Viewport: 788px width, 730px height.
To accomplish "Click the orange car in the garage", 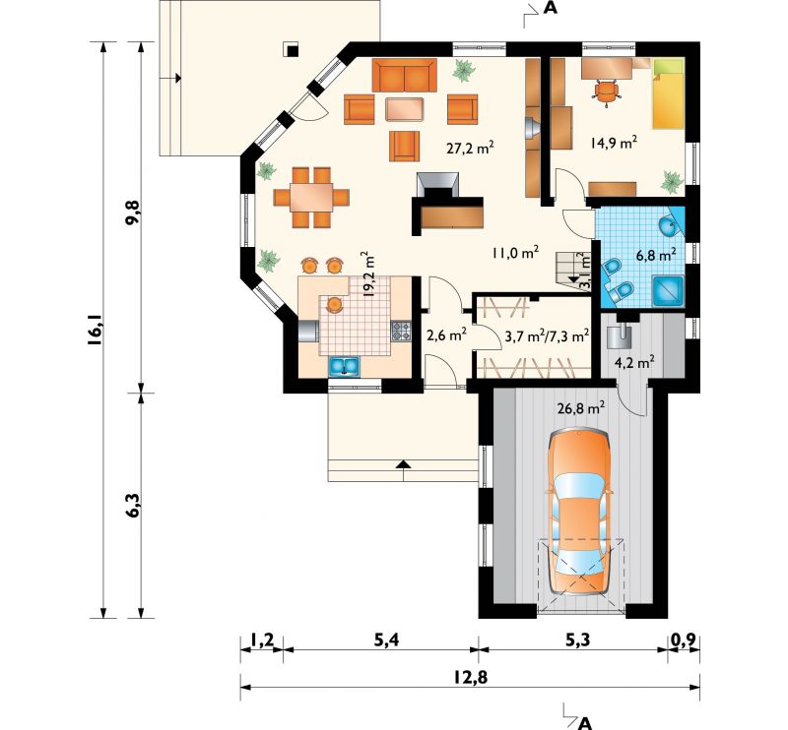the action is pyautogui.click(x=581, y=513).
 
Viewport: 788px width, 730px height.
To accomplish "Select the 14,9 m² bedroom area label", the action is pyautogui.click(x=614, y=143).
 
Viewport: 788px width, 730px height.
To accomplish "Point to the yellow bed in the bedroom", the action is pyautogui.click(x=669, y=93).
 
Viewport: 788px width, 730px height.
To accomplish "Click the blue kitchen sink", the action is pyautogui.click(x=344, y=367).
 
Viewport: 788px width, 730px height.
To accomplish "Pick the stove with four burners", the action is pyautogui.click(x=401, y=331).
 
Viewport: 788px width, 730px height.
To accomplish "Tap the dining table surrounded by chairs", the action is pyautogui.click(x=311, y=198).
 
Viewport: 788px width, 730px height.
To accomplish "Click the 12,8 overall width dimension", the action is pyautogui.click(x=471, y=677).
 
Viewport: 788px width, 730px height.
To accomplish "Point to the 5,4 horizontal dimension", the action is pyautogui.click(x=386, y=640).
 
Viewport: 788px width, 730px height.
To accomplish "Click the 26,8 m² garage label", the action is pyautogui.click(x=581, y=407).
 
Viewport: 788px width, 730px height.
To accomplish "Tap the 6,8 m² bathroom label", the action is pyautogui.click(x=656, y=255).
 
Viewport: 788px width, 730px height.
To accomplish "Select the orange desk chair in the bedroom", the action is pyautogui.click(x=607, y=91).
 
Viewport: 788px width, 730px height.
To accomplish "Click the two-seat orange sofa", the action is pyautogui.click(x=405, y=76).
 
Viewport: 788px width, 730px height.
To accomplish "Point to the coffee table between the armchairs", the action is pyautogui.click(x=405, y=108).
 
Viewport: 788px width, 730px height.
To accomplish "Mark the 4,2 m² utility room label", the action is pyautogui.click(x=634, y=361).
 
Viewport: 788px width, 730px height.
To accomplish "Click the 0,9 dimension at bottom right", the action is pyautogui.click(x=684, y=640).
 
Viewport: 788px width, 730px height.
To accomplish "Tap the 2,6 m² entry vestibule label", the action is pyautogui.click(x=447, y=335).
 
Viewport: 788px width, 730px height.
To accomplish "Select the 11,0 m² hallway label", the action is pyautogui.click(x=516, y=253).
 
